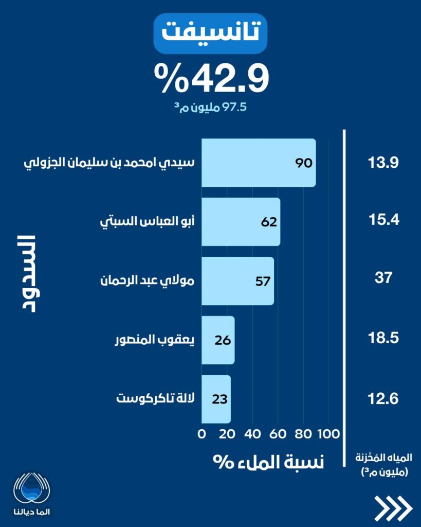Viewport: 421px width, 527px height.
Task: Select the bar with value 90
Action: click(x=258, y=163)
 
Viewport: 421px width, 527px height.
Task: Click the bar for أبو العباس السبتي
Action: click(x=241, y=222)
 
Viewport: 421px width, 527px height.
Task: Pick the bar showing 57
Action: click(x=237, y=281)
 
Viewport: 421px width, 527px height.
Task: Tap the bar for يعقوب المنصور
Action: click(x=218, y=340)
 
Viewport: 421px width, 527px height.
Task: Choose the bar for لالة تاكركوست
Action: click(x=216, y=399)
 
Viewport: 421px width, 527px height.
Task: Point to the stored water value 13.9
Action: click(x=383, y=163)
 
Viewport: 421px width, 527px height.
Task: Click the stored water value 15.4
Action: click(x=383, y=221)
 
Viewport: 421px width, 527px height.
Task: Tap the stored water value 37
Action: click(x=383, y=278)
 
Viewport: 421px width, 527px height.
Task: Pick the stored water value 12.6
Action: click(x=383, y=399)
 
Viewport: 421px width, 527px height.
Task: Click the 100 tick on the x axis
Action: click(x=328, y=433)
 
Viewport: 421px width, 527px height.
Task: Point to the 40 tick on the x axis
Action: click(x=252, y=433)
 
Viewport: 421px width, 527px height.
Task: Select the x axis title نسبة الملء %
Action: click(x=269, y=461)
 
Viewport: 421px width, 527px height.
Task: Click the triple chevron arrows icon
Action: click(x=393, y=508)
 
